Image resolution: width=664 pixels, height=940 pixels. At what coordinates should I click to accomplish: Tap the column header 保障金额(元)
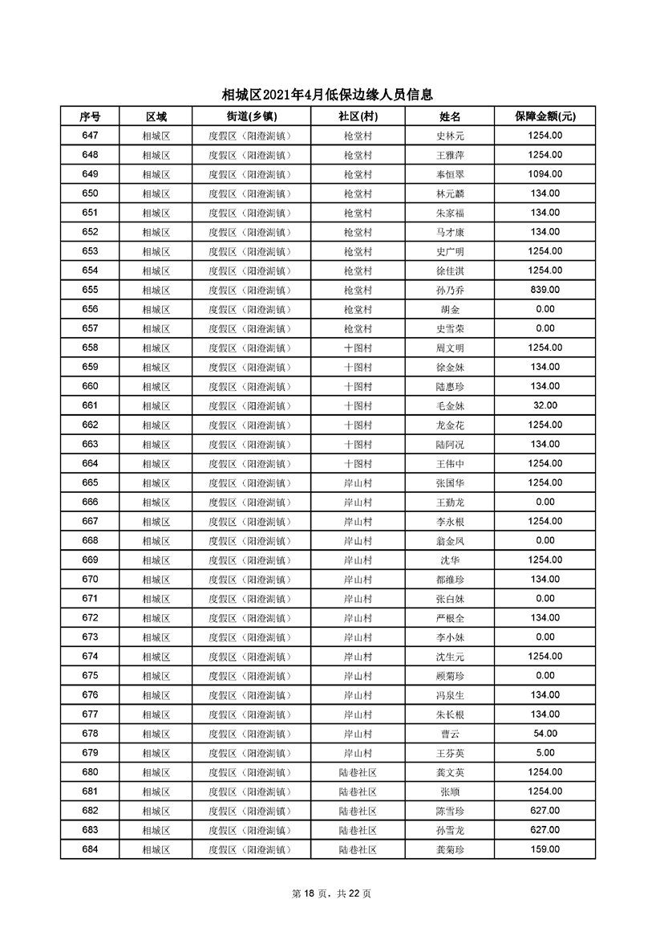545,116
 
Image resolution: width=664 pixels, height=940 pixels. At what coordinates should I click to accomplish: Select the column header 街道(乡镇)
249,116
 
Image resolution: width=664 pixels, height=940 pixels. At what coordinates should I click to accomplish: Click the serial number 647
90,136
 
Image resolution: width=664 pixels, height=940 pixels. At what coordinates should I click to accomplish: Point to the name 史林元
449,136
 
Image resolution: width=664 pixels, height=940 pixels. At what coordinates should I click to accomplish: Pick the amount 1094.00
545,174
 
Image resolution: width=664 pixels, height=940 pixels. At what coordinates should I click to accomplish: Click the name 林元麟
449,193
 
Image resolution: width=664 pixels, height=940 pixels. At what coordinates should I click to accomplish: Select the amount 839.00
545,290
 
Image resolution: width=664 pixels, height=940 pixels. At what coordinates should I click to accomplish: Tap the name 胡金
449,309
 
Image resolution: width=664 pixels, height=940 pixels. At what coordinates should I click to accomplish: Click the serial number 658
90,348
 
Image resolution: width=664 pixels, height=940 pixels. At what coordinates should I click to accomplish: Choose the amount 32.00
545,405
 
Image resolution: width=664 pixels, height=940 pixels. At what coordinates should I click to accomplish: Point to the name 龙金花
449,425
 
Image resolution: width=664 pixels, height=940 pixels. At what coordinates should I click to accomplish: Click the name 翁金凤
449,540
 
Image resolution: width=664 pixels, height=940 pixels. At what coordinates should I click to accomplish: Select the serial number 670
90,579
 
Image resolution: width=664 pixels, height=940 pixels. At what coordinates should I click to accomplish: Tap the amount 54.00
545,734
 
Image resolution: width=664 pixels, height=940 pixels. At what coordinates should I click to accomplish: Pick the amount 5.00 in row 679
545,753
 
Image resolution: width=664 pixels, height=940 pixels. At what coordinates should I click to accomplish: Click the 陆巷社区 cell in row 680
358,772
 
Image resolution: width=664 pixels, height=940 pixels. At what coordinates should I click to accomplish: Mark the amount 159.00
545,849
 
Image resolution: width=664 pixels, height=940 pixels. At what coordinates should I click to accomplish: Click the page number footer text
331,893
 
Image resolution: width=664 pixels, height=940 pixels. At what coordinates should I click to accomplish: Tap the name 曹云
449,734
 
